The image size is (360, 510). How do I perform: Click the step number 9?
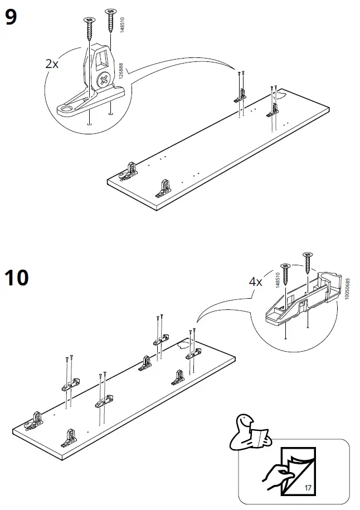pyautogui.click(x=11, y=18)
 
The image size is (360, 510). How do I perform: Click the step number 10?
pyautogui.click(x=17, y=276)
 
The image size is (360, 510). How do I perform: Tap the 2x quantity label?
pyautogui.click(x=52, y=64)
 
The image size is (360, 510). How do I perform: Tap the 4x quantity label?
pyautogui.click(x=255, y=282)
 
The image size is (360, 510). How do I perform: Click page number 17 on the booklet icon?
pyautogui.click(x=308, y=488)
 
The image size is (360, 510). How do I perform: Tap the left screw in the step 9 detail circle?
pyautogui.click(x=89, y=28)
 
